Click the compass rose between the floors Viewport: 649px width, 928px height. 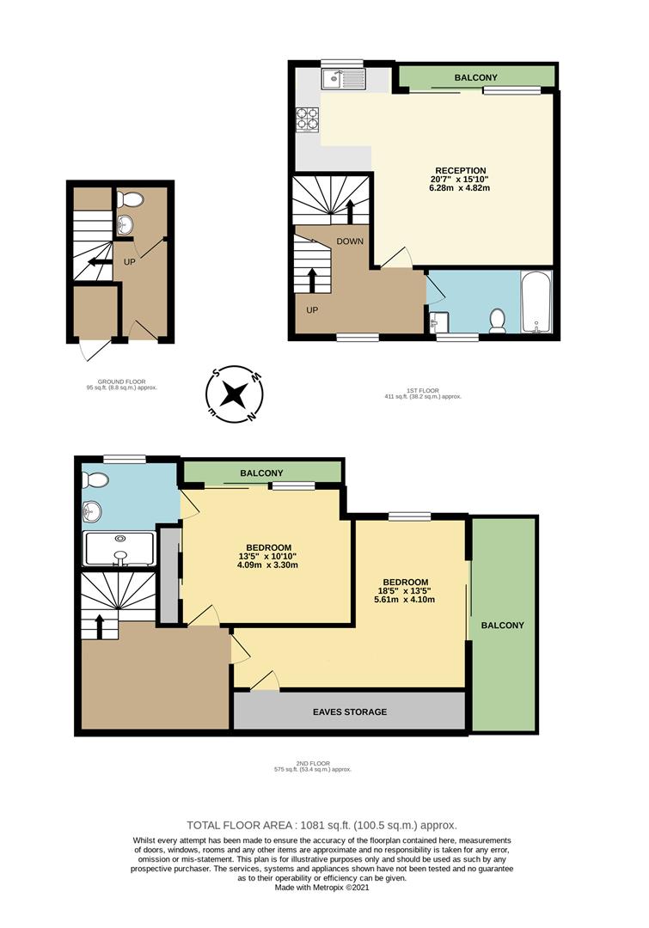tap(233, 394)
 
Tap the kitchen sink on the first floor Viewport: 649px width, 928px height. tap(343, 80)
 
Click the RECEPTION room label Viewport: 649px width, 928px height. tap(461, 170)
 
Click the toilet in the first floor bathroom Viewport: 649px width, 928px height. tap(496, 321)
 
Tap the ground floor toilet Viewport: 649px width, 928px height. tap(130, 199)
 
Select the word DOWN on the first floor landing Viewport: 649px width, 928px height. tap(350, 241)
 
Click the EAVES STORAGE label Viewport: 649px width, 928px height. tap(349, 711)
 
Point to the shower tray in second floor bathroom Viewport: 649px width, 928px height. tap(119, 549)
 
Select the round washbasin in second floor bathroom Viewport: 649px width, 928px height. tap(94, 513)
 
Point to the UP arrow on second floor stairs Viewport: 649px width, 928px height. tap(100, 625)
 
